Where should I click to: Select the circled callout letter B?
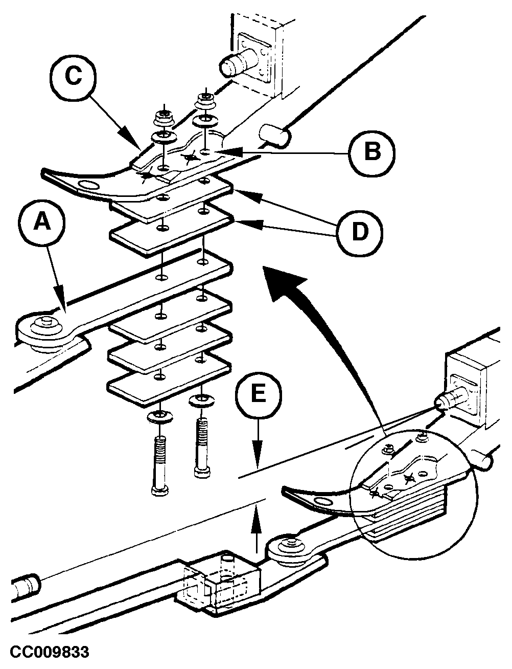click(372, 152)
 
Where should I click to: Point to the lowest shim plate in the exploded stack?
click(169, 381)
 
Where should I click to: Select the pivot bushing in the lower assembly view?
click(289, 547)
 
